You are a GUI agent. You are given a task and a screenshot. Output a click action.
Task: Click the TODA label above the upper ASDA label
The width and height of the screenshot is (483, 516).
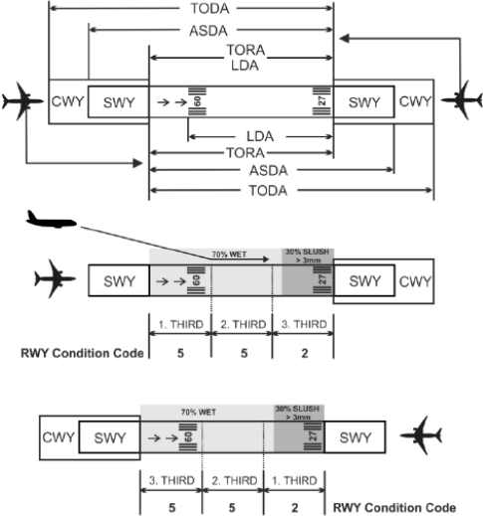click(210, 8)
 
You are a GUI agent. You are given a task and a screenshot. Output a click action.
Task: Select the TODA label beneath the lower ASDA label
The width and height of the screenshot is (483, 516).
click(268, 191)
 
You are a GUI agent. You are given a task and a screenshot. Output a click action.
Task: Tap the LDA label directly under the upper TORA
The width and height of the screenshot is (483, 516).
click(245, 66)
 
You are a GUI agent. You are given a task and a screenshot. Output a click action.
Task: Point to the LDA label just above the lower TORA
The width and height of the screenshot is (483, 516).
click(260, 136)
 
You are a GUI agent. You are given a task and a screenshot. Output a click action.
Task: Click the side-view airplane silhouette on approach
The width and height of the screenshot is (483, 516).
click(52, 219)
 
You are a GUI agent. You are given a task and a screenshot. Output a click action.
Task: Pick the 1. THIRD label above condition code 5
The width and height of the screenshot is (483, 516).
click(181, 324)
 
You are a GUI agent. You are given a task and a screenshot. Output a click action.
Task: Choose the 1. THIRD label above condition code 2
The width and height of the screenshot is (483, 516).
click(295, 480)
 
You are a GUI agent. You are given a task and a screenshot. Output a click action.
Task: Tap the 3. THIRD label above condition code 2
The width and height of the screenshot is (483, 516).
click(304, 324)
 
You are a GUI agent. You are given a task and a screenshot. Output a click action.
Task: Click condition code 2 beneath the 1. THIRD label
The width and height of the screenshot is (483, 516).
click(295, 508)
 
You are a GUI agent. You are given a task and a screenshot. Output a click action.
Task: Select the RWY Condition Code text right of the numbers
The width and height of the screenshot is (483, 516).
click(394, 508)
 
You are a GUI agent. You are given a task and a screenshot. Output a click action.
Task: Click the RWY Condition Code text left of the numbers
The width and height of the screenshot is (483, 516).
click(82, 353)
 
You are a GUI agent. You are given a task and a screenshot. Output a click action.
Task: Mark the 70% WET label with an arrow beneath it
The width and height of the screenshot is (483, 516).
click(229, 255)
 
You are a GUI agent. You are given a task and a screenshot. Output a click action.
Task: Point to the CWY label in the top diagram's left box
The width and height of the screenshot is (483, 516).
click(68, 101)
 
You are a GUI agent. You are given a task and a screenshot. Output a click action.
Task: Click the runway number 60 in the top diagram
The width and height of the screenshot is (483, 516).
click(197, 101)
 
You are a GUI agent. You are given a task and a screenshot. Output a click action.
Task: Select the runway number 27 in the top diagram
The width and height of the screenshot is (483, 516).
click(322, 100)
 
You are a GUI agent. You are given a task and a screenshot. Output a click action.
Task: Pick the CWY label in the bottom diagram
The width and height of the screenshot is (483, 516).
click(59, 437)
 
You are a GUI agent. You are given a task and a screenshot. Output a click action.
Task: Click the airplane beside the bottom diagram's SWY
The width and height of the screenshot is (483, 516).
click(421, 435)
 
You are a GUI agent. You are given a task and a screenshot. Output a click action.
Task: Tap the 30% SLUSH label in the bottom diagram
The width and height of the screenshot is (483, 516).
click(298, 409)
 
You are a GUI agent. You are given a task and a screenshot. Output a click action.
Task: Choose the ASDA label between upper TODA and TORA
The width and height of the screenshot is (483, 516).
click(208, 31)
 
